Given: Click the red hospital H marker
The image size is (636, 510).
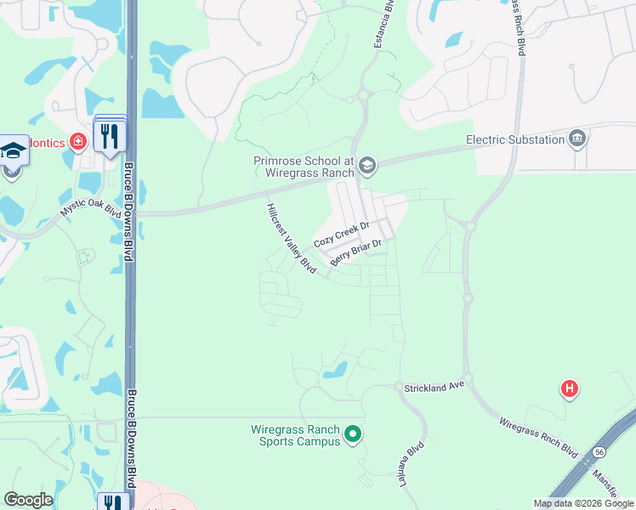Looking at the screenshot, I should tap(569, 389).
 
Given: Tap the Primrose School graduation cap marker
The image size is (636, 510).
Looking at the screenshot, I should tap(367, 164).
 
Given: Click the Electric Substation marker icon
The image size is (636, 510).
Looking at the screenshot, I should tap(577, 139).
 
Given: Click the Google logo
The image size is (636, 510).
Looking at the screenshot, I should tap(28, 500).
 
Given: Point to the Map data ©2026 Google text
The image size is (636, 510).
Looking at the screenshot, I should tap(583, 503).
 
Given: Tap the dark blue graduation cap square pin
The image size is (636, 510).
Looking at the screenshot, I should tap(13, 151).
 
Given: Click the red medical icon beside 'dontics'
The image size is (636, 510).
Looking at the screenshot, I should tap(78, 141).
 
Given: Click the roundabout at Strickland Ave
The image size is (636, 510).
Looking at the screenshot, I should tap(397, 387).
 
